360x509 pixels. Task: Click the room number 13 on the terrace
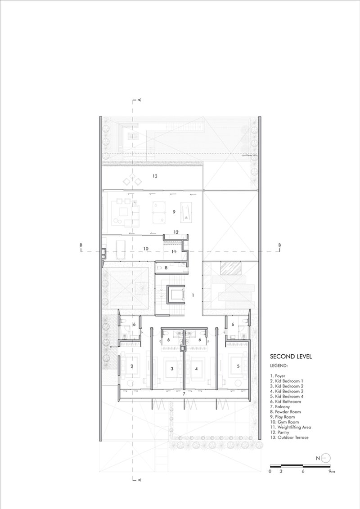pyautogui.click(x=154, y=177)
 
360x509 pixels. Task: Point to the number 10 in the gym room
pyautogui.click(x=146, y=248)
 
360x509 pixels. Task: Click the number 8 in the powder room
pyautogui.click(x=166, y=268)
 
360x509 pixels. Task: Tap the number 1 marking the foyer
pyautogui.click(x=193, y=295)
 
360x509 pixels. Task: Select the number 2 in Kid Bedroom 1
pyautogui.click(x=132, y=366)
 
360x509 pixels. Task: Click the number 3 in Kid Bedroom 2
pyautogui.click(x=172, y=368)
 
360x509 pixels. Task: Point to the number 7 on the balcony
pyautogui.click(x=184, y=394)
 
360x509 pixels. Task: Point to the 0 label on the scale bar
pyautogui.click(x=270, y=472)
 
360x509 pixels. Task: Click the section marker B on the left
pyautogui.click(x=81, y=245)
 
